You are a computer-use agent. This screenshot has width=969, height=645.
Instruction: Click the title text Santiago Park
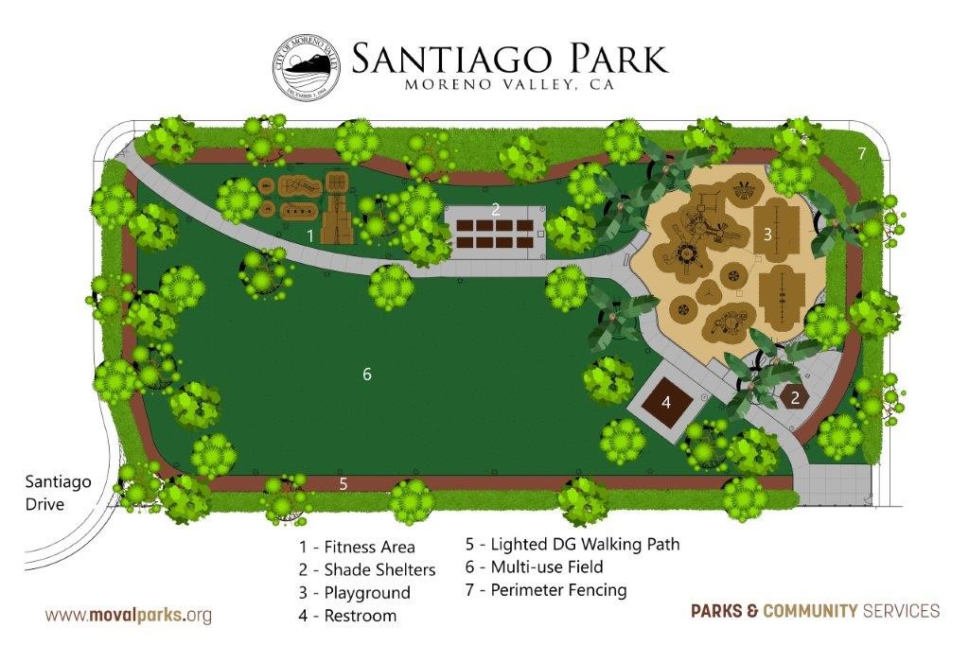click(x=509, y=58)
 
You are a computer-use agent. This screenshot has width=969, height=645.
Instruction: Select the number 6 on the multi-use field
click(x=367, y=374)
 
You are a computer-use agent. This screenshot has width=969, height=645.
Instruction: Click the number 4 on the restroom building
click(x=666, y=402)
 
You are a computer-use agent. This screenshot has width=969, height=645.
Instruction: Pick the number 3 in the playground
click(x=767, y=233)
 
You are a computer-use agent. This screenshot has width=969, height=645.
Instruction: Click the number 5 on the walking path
click(x=344, y=483)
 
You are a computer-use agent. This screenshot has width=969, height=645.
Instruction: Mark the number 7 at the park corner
click(x=861, y=153)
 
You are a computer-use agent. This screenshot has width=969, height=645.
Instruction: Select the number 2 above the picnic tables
click(x=495, y=209)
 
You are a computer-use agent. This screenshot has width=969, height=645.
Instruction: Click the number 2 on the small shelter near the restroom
click(x=795, y=398)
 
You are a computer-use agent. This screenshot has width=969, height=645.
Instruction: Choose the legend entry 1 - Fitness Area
click(x=357, y=547)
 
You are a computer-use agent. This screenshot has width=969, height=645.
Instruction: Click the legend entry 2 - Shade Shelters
click(x=367, y=569)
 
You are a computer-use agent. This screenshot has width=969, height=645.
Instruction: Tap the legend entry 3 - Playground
click(x=355, y=593)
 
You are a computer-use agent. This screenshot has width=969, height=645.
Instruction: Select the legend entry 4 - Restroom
click(x=347, y=616)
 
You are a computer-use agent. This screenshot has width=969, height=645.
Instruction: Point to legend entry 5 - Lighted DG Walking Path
click(x=573, y=544)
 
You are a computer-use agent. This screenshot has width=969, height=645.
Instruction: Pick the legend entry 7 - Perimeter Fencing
click(x=546, y=590)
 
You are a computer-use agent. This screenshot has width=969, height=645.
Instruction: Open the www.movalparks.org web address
click(x=129, y=616)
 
